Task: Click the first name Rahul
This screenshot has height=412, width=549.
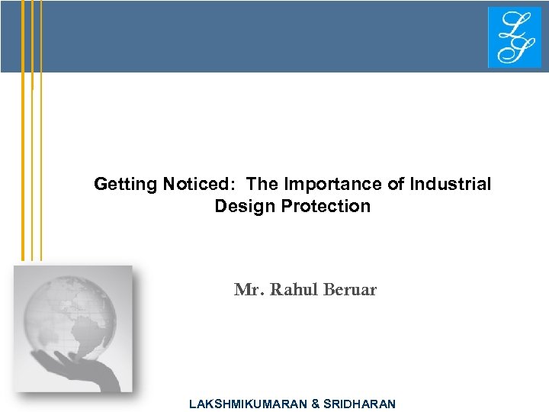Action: pos(287,290)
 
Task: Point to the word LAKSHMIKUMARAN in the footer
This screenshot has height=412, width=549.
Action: pos(248,404)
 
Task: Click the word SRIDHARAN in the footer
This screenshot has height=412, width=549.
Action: pos(360,404)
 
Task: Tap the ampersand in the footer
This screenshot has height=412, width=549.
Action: pos(316,404)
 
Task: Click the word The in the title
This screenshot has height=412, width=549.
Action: pos(264,185)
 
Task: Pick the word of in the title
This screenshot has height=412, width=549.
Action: pos(396,185)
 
